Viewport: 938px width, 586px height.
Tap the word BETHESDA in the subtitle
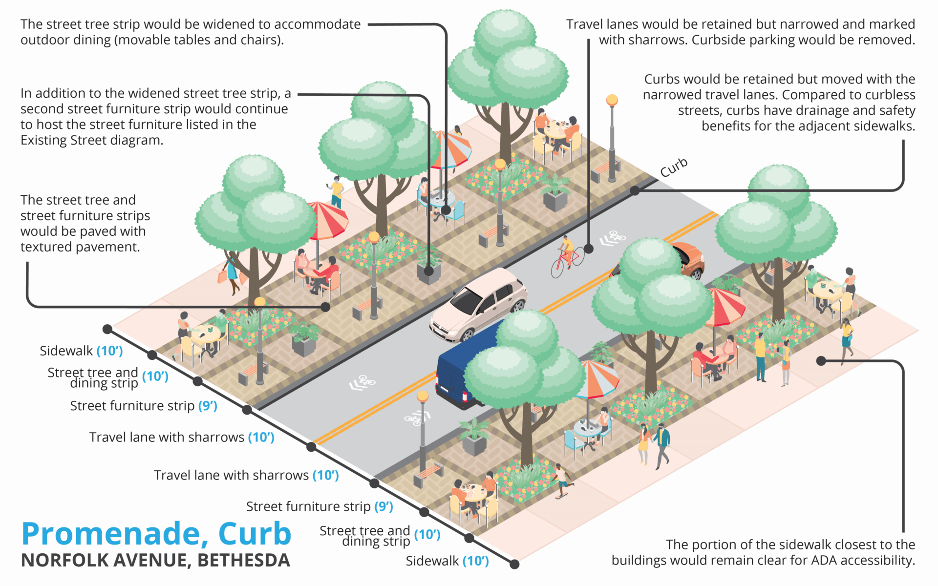click(x=244, y=561)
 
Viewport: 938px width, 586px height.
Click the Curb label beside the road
click(x=674, y=167)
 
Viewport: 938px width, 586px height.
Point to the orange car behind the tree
click(x=689, y=261)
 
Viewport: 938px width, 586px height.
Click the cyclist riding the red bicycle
click(x=567, y=254)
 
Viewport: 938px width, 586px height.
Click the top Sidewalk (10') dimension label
click(x=81, y=351)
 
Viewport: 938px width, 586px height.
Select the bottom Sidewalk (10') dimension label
click(x=447, y=561)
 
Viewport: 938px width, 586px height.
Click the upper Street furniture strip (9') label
click(x=143, y=406)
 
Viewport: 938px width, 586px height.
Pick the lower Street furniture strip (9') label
click(x=320, y=506)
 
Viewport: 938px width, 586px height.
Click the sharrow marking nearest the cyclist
click(x=613, y=238)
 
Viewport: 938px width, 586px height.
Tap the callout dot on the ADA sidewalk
click(x=821, y=361)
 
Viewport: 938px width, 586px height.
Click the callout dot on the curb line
click(x=635, y=191)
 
